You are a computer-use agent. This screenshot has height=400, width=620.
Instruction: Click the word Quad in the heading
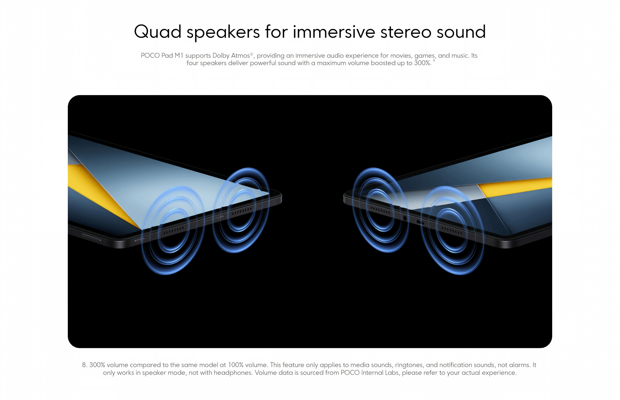(x=158, y=32)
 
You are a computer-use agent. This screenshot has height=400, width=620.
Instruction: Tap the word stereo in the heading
(x=406, y=32)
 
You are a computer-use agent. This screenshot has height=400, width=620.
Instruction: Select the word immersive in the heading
(x=334, y=32)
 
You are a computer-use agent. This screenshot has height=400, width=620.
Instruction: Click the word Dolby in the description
(x=221, y=55)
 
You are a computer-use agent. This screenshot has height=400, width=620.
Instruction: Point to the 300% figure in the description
(x=422, y=63)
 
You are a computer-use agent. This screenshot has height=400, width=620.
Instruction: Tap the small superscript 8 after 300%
(x=434, y=60)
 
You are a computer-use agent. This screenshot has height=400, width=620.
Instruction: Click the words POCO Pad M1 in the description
(x=162, y=55)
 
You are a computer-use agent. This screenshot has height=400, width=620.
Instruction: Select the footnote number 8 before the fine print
(x=84, y=365)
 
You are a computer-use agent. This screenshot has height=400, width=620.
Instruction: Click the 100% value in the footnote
(x=236, y=365)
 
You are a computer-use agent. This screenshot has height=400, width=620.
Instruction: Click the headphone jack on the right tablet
(x=405, y=218)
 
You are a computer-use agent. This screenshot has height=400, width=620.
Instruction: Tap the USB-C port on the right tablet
(x=420, y=222)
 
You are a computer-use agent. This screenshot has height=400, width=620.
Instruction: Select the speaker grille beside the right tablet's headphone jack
(x=380, y=210)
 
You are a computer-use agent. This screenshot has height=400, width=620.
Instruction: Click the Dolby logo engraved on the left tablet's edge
(x=219, y=217)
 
